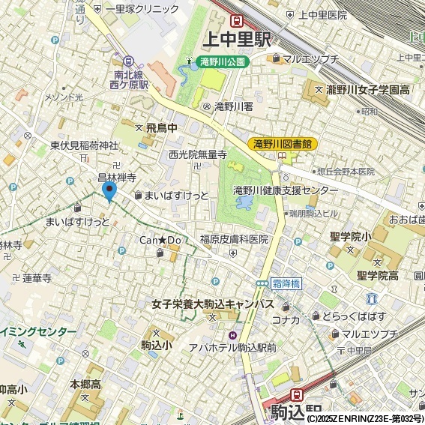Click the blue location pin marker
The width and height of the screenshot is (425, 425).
pos(109,191)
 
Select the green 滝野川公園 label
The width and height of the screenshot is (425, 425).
pos(222,62)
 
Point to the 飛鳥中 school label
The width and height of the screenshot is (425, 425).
pos(161,129)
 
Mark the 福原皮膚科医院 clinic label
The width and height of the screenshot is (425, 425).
pos(233,240)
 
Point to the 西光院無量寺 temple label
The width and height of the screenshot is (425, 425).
pos(197,154)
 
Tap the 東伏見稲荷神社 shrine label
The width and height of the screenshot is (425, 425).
pos(84,145)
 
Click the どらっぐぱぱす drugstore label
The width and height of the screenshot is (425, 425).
pos(354,316)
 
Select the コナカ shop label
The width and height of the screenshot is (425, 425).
pos(286,320)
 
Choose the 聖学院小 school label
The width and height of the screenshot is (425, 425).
pos(351,237)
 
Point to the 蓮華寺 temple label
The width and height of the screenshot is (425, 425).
pos(36,277)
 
